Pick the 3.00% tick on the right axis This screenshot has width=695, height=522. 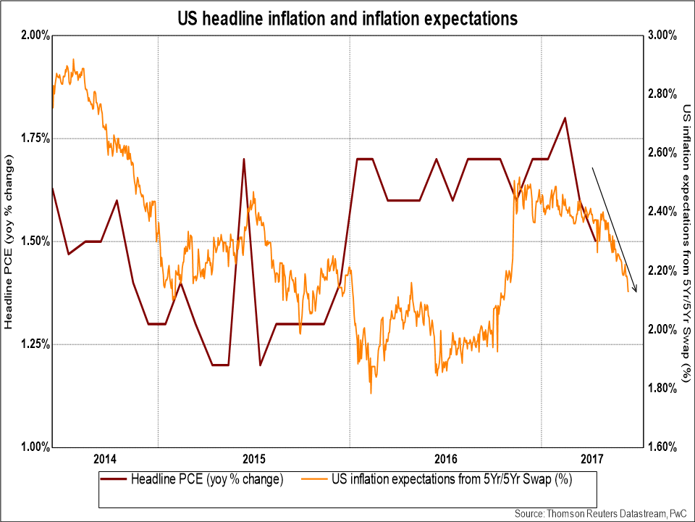click(x=660, y=36)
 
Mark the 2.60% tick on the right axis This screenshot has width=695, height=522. click(x=660, y=153)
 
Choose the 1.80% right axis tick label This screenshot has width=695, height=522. click(x=660, y=389)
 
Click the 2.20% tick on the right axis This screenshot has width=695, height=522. click(x=660, y=270)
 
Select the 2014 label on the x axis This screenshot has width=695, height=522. click(x=105, y=458)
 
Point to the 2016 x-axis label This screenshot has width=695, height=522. click(x=446, y=458)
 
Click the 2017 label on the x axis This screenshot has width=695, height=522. click(x=593, y=458)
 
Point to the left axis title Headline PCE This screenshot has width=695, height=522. click(x=9, y=242)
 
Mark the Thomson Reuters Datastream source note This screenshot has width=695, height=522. click(x=602, y=513)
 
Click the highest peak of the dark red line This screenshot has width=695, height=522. click(x=565, y=117)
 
